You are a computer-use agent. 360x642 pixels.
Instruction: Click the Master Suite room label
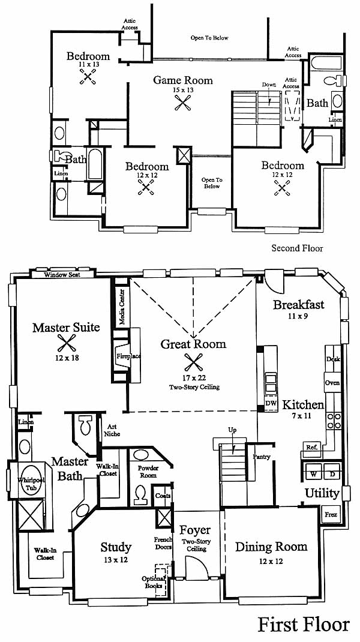coord(66,328)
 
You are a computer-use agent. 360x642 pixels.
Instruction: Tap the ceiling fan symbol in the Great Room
coord(193,362)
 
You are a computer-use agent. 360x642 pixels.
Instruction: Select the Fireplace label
coord(128,356)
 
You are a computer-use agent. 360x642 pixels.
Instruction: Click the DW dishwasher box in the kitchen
coord(271,403)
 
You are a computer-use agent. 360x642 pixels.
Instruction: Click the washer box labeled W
coord(313,473)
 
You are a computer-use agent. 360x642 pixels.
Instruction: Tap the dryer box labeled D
coord(332,473)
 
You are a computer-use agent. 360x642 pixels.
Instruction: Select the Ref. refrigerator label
coord(311,447)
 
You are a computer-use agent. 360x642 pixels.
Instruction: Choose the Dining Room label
coord(271,547)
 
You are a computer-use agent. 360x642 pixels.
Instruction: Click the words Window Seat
coord(62,275)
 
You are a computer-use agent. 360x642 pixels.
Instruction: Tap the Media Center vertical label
coord(122,306)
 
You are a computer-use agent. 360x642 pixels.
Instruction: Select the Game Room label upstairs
coord(182,80)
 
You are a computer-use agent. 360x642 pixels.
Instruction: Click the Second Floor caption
coord(297,248)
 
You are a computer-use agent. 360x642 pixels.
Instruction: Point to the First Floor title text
coord(304,625)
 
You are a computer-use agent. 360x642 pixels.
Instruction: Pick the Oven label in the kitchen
coord(332,383)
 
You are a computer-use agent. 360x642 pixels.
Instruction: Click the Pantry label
coord(261,457)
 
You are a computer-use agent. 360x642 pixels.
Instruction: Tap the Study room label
coord(116,547)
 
